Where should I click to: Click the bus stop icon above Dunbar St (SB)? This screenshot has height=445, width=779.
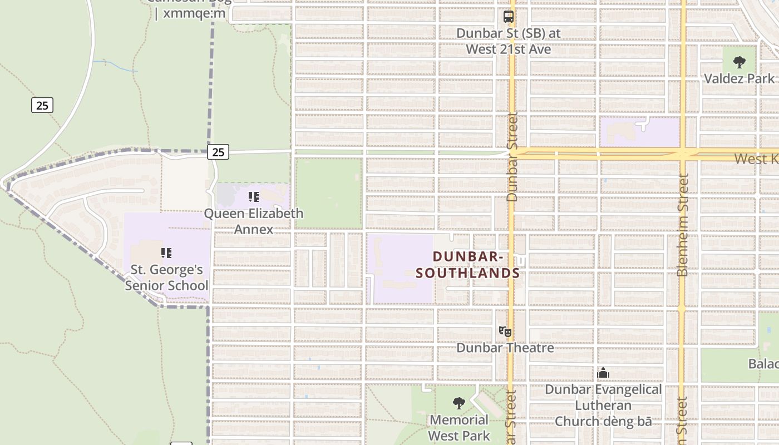click(509, 17)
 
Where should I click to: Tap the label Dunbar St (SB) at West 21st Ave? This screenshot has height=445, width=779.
click(509, 41)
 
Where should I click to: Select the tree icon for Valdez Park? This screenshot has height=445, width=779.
click(739, 62)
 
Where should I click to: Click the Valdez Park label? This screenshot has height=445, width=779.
click(739, 78)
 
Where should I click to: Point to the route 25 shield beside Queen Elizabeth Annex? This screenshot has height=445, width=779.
click(218, 151)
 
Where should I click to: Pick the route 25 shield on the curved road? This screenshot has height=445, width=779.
click(42, 105)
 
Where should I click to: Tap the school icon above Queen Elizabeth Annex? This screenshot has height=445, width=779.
click(254, 197)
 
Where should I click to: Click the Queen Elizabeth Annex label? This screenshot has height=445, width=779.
click(254, 221)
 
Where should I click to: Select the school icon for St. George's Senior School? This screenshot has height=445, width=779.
click(166, 253)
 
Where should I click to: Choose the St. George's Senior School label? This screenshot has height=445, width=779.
click(166, 278)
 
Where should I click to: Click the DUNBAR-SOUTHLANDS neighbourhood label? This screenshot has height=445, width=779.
click(468, 265)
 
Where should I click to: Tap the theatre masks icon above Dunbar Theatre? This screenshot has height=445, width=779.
click(505, 332)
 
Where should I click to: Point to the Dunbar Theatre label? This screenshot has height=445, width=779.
click(505, 348)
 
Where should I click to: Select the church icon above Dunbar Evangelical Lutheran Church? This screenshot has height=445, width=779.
click(603, 373)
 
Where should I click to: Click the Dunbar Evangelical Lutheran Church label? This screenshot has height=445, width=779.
click(603, 406)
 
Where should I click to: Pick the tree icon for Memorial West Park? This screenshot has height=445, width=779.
click(459, 403)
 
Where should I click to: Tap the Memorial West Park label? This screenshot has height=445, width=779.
click(459, 427)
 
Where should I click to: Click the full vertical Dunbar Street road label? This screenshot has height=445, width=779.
click(512, 157)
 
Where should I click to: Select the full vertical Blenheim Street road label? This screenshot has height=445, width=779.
click(683, 225)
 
